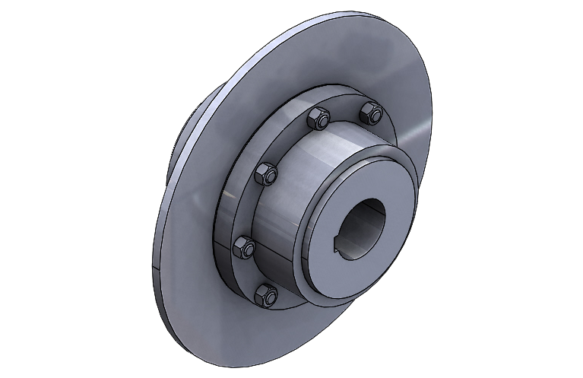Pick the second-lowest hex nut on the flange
(x=244, y=246)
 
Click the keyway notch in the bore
(x=340, y=245)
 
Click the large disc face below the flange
(x=228, y=319)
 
